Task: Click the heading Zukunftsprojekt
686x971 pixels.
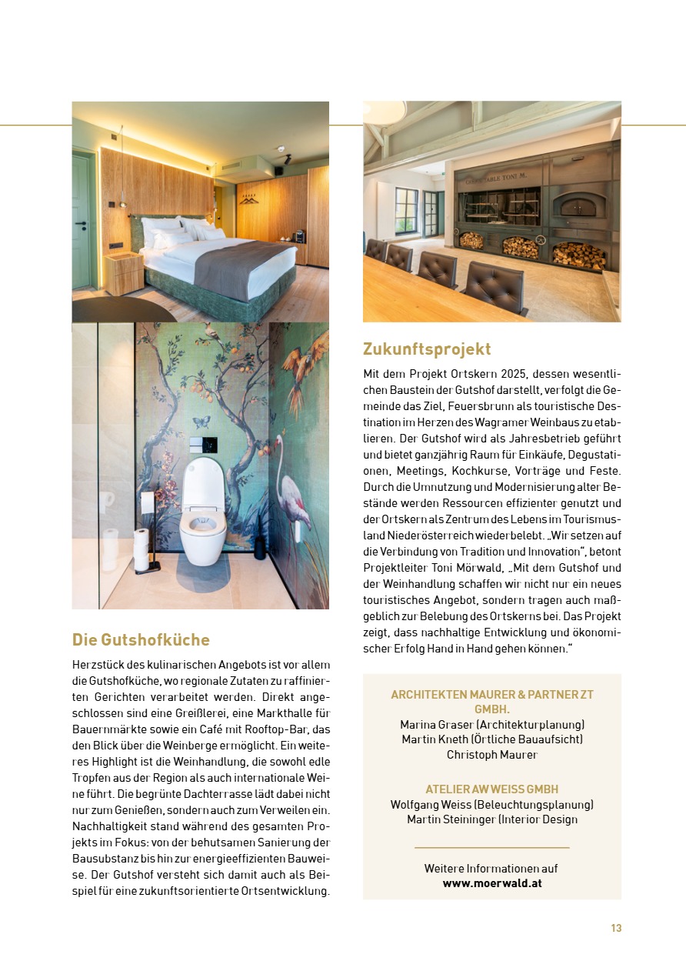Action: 427,349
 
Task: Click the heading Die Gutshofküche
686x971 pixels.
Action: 141,640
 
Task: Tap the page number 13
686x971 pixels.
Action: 616,928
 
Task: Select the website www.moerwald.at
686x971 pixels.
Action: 492,883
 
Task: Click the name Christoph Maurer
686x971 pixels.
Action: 492,754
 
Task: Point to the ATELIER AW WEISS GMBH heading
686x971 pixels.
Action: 492,789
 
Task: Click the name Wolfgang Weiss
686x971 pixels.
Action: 426,805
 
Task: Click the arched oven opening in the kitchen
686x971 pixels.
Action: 574,206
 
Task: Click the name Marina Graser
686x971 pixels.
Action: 435,725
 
